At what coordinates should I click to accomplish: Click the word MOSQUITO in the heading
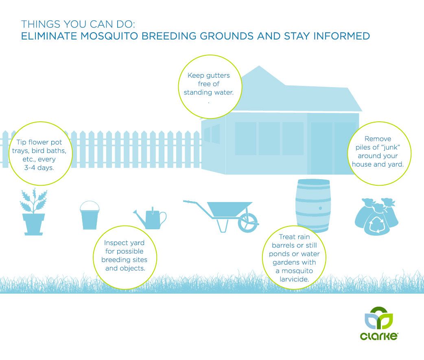(109, 36)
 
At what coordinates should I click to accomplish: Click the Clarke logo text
(379, 336)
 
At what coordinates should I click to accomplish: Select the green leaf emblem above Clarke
(378, 318)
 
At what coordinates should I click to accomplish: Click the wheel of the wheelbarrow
(248, 222)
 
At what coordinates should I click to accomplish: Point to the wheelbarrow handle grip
(187, 202)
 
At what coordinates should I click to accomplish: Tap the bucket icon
(90, 215)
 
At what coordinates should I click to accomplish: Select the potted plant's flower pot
(33, 224)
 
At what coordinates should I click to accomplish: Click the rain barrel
(313, 206)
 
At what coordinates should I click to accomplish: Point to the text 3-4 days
(39, 168)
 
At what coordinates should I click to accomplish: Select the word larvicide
(294, 279)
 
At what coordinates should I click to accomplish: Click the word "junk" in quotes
(388, 147)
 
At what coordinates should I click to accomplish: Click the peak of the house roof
(259, 66)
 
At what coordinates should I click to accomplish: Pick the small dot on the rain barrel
(320, 208)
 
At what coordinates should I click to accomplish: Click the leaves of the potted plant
(33, 201)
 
